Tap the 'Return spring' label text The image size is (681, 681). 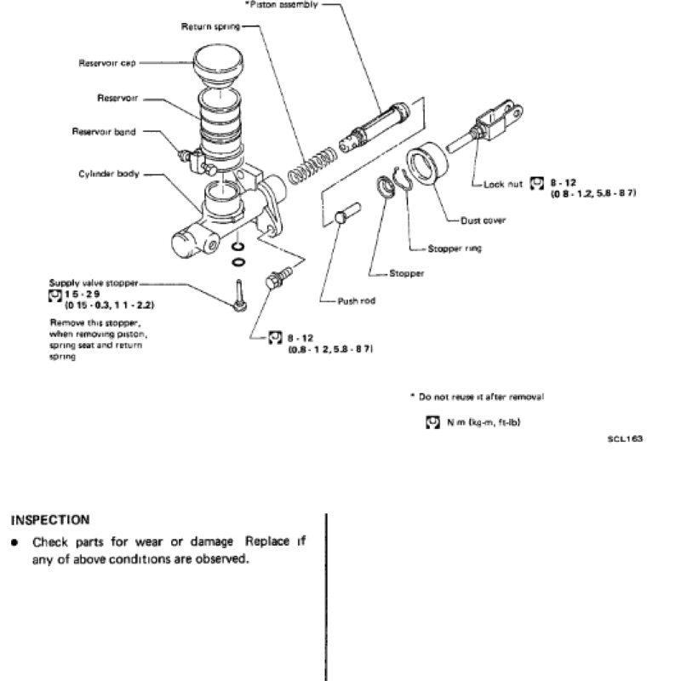[x=209, y=27]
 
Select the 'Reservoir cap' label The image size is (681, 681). [x=103, y=62]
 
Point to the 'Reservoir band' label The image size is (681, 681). [x=105, y=132]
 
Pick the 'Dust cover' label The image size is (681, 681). [x=483, y=220]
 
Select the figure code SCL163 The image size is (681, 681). [x=626, y=439]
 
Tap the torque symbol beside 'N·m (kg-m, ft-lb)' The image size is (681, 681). [x=432, y=421]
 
